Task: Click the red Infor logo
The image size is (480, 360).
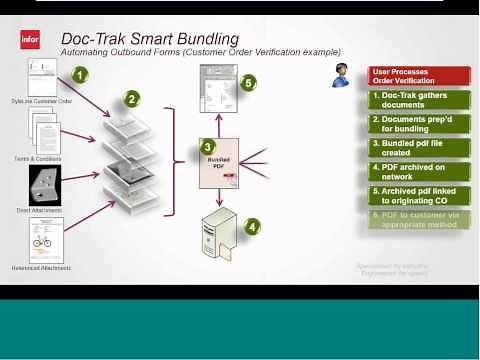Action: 29,40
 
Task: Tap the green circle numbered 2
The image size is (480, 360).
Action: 130,99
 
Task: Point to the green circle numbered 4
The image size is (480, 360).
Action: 252,226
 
